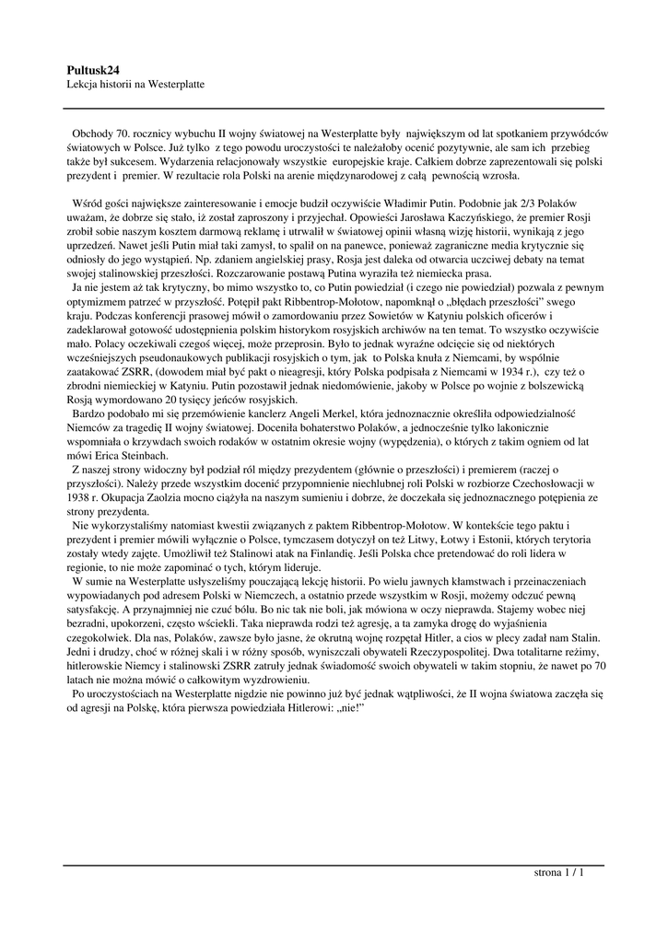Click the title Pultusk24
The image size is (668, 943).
(x=93, y=69)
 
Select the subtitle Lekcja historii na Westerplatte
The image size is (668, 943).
(x=135, y=84)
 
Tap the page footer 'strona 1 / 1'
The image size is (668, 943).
(x=559, y=872)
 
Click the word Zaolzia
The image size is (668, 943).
(x=206, y=497)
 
